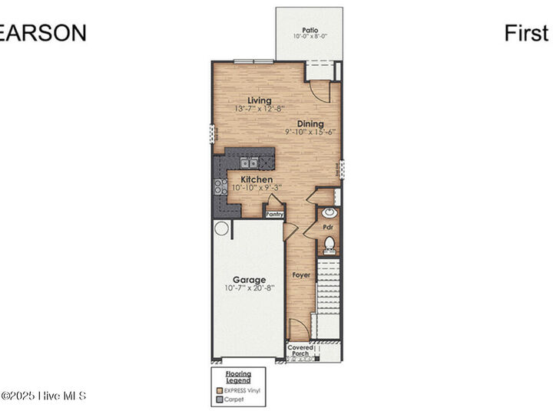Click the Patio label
pos(310,29)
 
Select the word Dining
pos(310,123)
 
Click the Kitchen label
pos(251,179)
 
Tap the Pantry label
pos(275,215)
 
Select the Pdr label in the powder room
pos(327,228)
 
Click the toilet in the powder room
pos(329,245)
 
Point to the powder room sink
pos(329,212)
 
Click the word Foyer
pos(301,274)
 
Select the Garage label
pos(250,280)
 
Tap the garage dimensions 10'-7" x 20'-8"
pos(250,289)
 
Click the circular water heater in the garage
pos(221,228)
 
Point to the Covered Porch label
pos(300,350)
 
